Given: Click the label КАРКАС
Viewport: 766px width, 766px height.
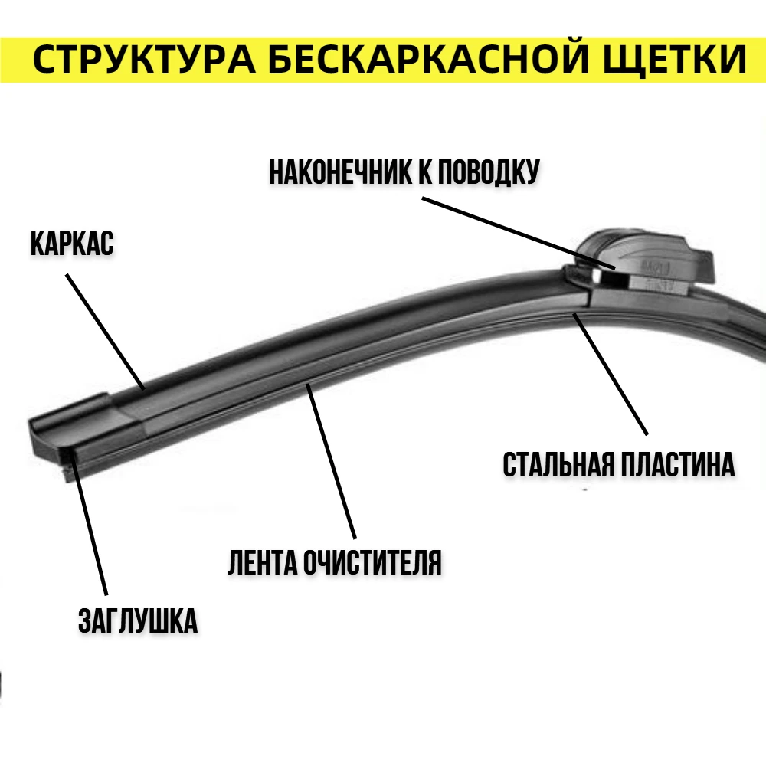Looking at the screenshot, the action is pos(72,244).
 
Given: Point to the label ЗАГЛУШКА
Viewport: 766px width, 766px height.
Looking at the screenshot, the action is pos(138,620).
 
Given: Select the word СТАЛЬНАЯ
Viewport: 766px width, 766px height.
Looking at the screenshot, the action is pos(558,464).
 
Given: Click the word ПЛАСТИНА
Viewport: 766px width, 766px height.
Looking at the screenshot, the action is pos(677,464).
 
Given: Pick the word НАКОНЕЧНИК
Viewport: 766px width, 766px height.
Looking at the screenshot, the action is pos(340,172).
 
